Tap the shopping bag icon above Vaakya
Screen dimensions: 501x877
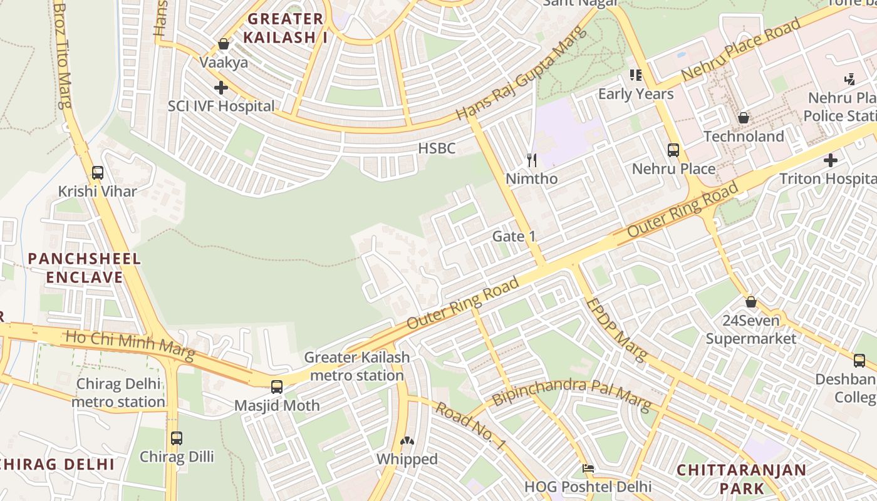click(224, 44)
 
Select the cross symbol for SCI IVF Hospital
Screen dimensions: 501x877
click(221, 88)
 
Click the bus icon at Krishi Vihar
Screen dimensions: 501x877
click(97, 172)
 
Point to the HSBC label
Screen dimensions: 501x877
click(437, 148)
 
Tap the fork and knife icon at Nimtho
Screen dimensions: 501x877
click(532, 160)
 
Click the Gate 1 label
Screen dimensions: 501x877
click(514, 236)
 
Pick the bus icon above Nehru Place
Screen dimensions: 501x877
click(673, 150)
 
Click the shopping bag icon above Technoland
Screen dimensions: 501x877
click(744, 118)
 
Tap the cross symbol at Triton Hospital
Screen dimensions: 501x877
click(831, 160)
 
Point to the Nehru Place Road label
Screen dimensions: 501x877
click(740, 49)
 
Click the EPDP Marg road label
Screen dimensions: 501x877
click(615, 329)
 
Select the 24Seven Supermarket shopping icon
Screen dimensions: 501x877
click(751, 302)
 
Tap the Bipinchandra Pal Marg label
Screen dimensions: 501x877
click(571, 393)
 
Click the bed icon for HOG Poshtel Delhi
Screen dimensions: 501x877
click(588, 468)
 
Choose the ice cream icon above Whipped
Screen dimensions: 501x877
click(407, 442)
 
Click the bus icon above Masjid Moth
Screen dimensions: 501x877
click(277, 387)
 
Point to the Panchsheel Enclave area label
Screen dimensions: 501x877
click(84, 268)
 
